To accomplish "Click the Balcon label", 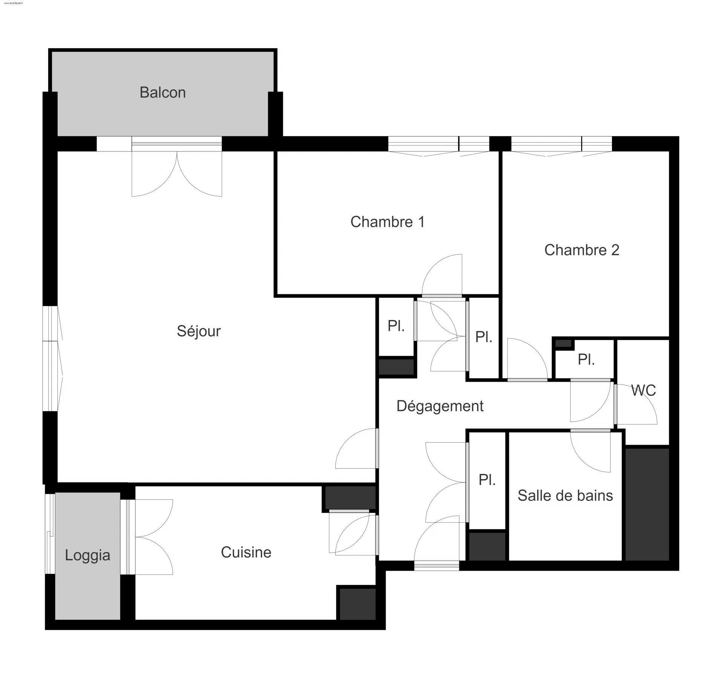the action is [x=163, y=92].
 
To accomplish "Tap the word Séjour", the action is [x=199, y=331].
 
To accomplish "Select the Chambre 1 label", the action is [x=387, y=222].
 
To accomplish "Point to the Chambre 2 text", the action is [x=581, y=250].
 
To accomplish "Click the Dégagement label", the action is [x=440, y=406].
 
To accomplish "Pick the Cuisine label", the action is [x=246, y=552].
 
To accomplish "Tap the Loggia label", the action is [x=87, y=555].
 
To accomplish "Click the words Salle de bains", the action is [x=565, y=496].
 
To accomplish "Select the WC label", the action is [x=643, y=391].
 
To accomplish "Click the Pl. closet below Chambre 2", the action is [x=586, y=360].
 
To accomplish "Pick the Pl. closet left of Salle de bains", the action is [x=487, y=480].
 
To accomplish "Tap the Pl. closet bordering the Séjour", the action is [x=396, y=326].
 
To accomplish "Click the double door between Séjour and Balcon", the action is [x=177, y=170].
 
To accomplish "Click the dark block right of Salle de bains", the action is [x=647, y=504].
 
